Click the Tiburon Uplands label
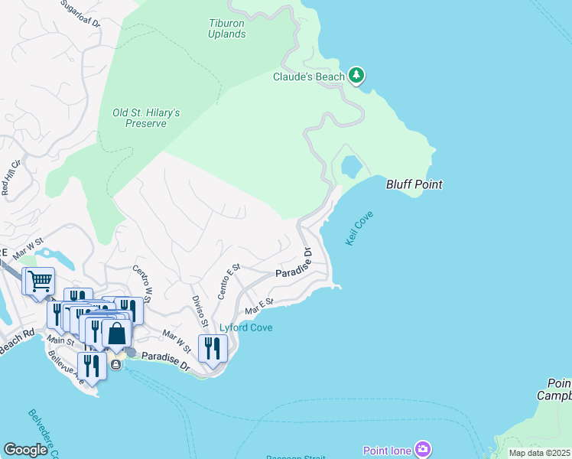[x=227, y=28]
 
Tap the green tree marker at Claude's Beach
[x=356, y=75]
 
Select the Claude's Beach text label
[x=309, y=76]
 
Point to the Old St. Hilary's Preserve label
[x=146, y=118]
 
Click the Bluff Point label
[x=414, y=184]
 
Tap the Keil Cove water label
[x=359, y=229]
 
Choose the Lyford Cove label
[x=246, y=328]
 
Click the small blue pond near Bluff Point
[x=351, y=166]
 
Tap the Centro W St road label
[x=143, y=281]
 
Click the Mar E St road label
[x=259, y=307]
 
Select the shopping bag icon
[x=117, y=334]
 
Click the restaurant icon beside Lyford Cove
[x=212, y=348]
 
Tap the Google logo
[x=25, y=450]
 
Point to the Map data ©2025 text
[x=539, y=453]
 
